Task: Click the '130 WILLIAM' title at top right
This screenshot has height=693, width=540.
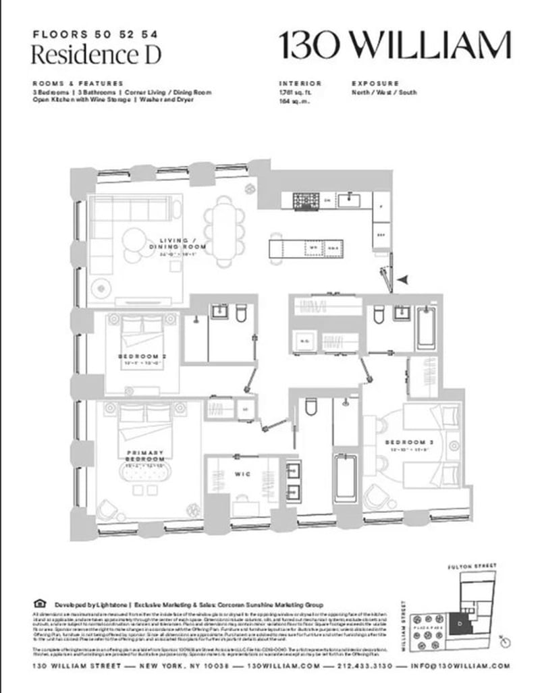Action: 395,45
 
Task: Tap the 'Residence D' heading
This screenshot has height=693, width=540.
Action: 97,54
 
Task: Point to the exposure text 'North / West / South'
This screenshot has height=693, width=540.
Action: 385,92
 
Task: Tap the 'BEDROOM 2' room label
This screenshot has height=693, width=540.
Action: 142,358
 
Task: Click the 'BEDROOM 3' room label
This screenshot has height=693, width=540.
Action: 407,443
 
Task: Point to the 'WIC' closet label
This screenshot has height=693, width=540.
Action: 242,474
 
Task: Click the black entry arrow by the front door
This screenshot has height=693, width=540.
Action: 402,279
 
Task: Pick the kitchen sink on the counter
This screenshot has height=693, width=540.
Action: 350,198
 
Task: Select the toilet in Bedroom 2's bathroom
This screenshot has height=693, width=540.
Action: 240,314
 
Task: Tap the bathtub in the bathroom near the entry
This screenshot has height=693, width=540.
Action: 426,328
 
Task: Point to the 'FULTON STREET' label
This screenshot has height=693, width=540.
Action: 477,565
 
